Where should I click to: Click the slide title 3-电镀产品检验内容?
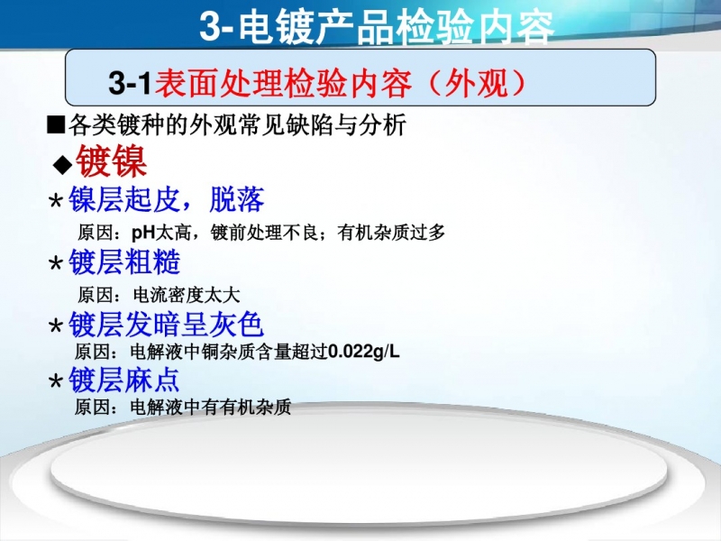pos(377,27)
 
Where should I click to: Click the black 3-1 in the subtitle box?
pos(130,83)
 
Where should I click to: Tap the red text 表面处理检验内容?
pos(283,83)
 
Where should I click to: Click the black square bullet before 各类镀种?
pos(56,124)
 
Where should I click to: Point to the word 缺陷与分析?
pos(346,124)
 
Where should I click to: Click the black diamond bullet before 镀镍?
pos(62,164)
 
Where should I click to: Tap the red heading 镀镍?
pos(111,161)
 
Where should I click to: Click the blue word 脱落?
pos(237,199)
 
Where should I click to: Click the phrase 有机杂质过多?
pos(391,233)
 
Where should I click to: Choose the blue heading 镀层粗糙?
pos(124,262)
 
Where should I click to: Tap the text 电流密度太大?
pos(187,295)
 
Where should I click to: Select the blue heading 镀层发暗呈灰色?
pos(166,325)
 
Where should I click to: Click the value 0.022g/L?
pos(364,352)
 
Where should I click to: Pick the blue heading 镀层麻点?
pos(123,380)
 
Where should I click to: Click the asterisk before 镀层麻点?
pos(56,381)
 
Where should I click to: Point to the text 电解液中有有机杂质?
pos(211,408)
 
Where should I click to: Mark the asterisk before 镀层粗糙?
pos(56,263)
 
